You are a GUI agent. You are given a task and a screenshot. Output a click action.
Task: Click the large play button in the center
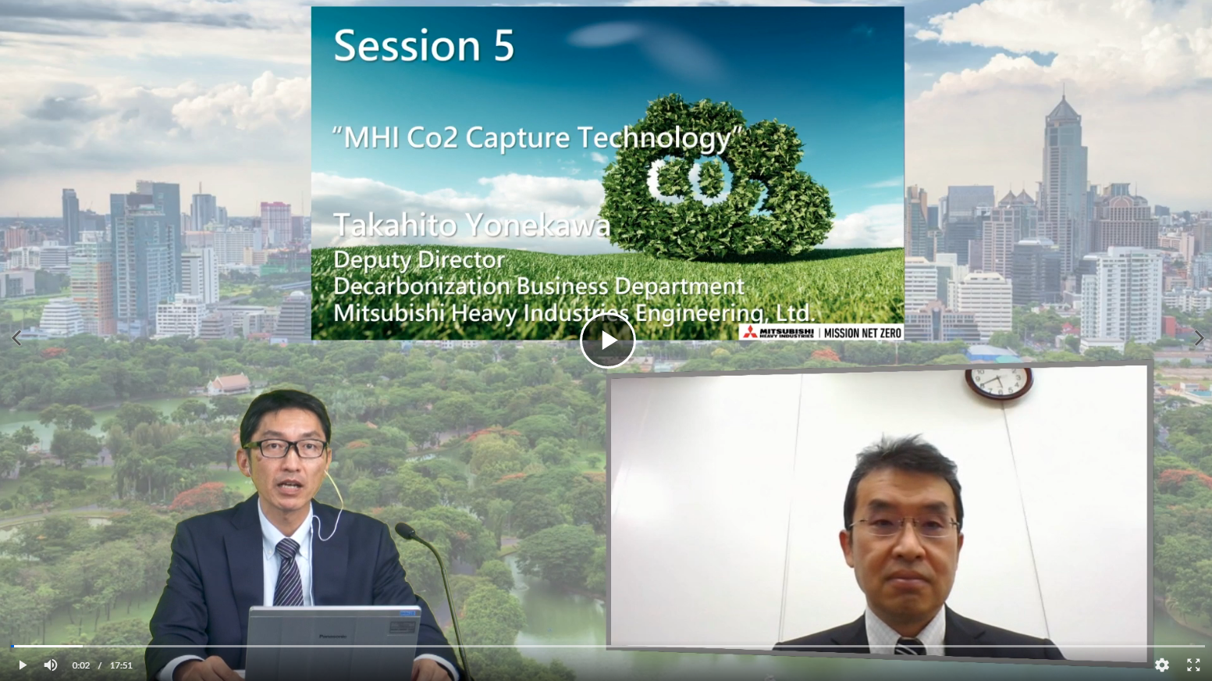pyautogui.click(x=607, y=340)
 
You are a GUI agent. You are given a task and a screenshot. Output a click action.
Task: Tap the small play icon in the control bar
pyautogui.click(x=22, y=665)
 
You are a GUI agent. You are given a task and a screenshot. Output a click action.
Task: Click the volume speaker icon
pyautogui.click(x=50, y=665)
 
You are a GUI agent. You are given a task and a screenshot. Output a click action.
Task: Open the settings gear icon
pyautogui.click(x=1162, y=665)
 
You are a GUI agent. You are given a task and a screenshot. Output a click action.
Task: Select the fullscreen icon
pyautogui.click(x=1193, y=665)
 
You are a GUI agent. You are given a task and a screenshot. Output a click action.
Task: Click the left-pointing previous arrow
pyautogui.click(x=16, y=338)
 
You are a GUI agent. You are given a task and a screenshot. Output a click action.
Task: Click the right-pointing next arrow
pyautogui.click(x=1199, y=338)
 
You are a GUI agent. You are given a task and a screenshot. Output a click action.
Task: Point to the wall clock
pyautogui.click(x=999, y=383)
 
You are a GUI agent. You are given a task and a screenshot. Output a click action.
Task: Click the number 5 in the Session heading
pyautogui.click(x=503, y=45)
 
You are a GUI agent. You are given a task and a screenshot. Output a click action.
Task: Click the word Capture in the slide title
pyautogui.click(x=517, y=137)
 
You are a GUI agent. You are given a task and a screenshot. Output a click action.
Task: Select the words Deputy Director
pyautogui.click(x=419, y=260)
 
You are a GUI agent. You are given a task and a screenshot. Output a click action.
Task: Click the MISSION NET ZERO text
pyautogui.click(x=862, y=333)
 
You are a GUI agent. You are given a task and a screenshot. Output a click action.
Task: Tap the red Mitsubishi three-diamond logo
pyautogui.click(x=750, y=333)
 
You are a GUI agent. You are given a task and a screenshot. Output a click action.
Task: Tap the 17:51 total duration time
pyautogui.click(x=121, y=665)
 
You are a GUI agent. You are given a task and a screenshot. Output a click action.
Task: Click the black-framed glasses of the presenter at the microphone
pyautogui.click(x=286, y=448)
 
